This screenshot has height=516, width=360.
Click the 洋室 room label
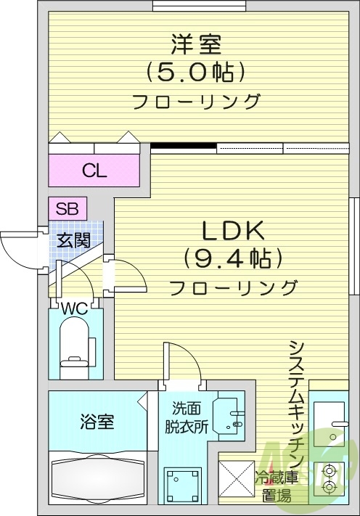196,44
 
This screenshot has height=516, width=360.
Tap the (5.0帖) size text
195,72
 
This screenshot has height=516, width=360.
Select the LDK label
233,231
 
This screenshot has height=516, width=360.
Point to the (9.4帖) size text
233,258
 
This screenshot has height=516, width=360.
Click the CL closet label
94,171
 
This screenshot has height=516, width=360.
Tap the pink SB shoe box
67,208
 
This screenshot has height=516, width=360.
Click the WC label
74,308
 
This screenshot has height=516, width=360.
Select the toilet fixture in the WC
75,349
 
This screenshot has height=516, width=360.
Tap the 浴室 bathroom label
97,422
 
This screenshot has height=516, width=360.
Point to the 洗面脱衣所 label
187,418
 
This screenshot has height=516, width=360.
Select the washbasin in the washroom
229,416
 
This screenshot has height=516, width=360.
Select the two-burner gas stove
329,478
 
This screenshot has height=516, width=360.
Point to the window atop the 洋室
200,6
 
